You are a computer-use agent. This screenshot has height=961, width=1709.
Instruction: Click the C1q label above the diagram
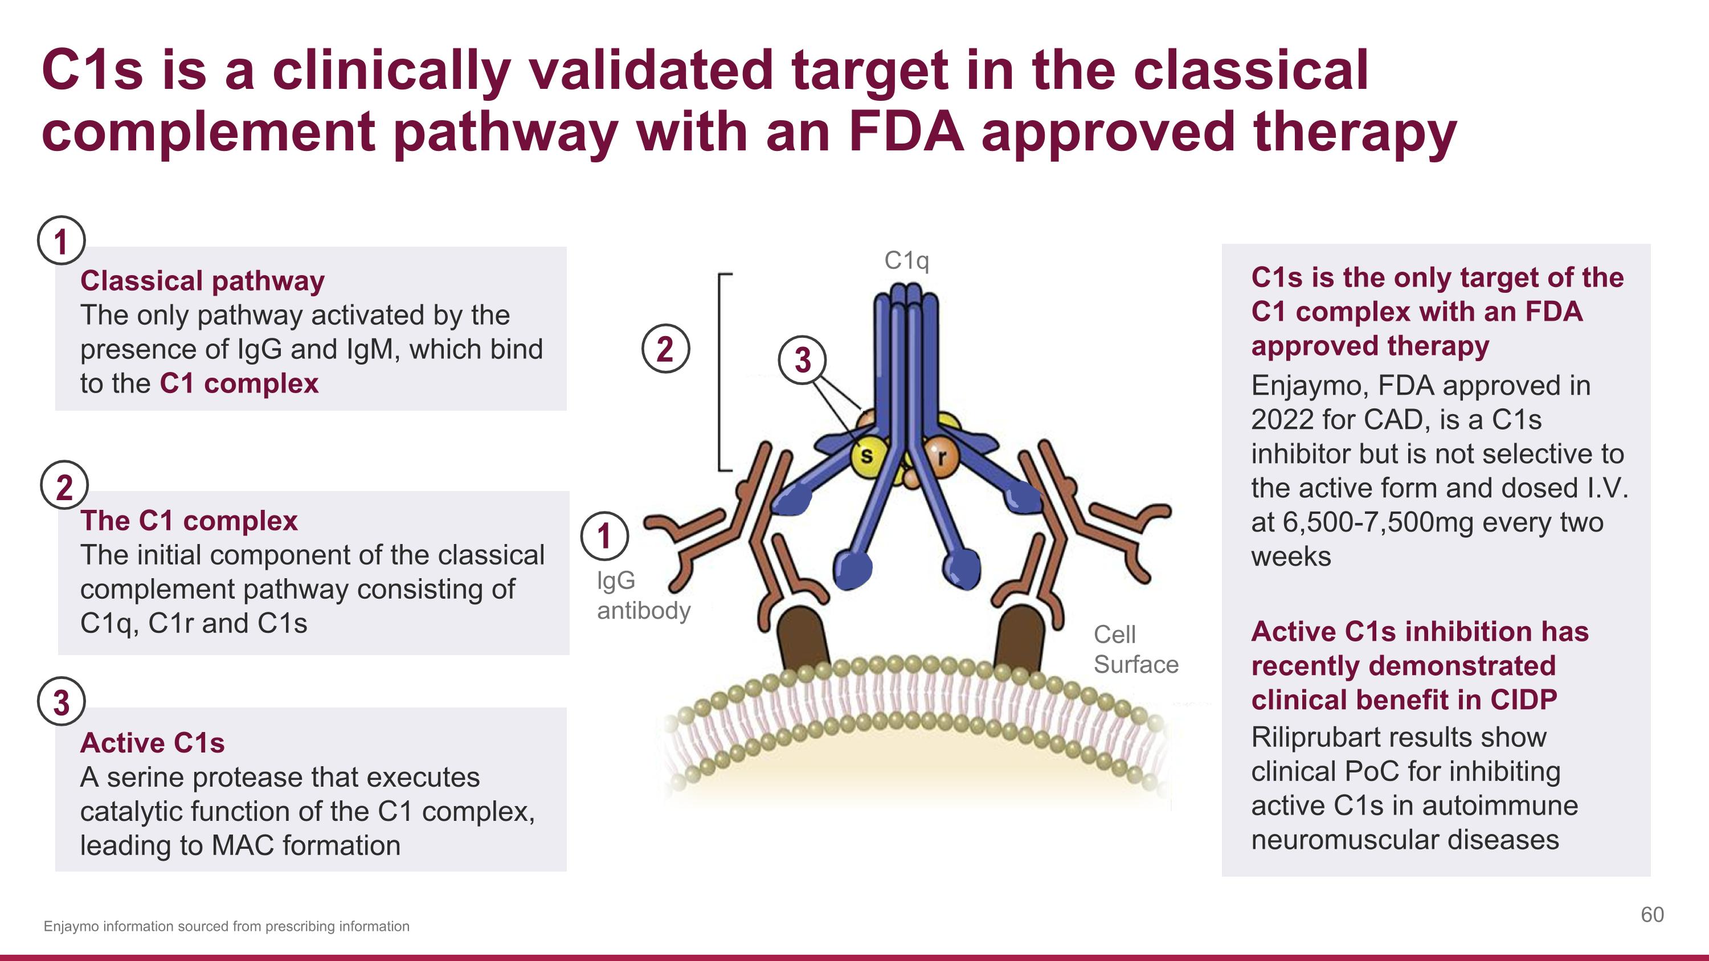[906, 261]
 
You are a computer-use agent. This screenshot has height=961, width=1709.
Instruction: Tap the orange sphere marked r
[941, 456]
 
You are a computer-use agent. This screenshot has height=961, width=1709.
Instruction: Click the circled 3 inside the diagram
[802, 360]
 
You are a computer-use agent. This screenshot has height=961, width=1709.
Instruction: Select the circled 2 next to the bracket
[665, 348]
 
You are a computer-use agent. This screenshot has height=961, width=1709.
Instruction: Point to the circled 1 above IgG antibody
[604, 536]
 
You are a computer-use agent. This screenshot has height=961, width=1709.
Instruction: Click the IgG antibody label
[642, 595]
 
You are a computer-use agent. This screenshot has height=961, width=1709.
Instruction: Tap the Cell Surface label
[1135, 649]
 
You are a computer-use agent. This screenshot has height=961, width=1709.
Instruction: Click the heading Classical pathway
[202, 280]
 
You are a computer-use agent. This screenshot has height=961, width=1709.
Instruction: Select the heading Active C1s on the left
[152, 743]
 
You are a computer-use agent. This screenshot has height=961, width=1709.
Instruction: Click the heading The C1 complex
[189, 521]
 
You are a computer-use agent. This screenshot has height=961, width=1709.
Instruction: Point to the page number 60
[1652, 915]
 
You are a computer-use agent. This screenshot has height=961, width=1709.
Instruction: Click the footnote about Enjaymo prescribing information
[226, 926]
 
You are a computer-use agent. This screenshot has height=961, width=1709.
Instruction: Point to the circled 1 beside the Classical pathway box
[61, 241]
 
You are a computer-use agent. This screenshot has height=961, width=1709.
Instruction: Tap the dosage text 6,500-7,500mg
[1379, 522]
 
